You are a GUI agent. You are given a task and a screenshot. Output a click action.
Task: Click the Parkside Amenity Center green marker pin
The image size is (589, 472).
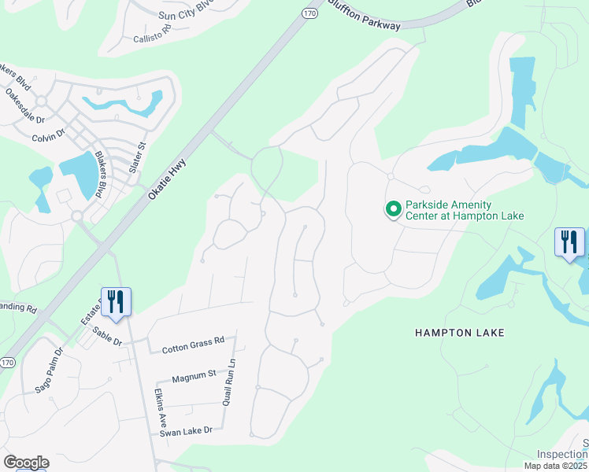[x=392, y=209]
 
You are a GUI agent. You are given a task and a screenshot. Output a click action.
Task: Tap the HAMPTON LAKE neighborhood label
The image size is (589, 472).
[x=459, y=333]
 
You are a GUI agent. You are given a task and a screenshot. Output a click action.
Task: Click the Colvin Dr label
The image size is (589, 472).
[x=48, y=137]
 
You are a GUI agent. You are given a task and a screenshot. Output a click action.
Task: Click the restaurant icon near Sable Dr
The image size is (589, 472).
[x=116, y=301]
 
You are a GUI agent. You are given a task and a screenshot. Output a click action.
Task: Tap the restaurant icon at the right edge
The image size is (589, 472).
[x=569, y=242]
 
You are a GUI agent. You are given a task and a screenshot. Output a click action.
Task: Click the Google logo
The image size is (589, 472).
[x=25, y=463]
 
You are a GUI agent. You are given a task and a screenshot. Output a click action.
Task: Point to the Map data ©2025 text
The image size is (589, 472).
[x=556, y=466]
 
